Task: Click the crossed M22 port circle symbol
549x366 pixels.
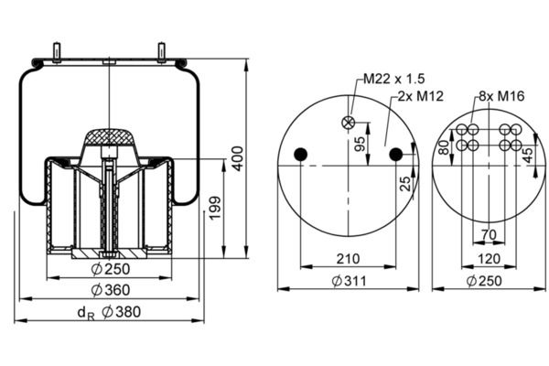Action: [348, 123]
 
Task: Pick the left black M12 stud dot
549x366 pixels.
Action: [301, 156]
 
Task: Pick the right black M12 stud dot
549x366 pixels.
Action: [395, 156]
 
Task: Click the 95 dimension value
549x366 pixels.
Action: [360, 144]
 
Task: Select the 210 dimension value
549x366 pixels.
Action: [348, 259]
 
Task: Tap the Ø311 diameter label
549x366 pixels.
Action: [348, 281]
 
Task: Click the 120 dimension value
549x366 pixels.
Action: [489, 259]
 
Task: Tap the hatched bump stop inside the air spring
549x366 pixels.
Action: [110, 140]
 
